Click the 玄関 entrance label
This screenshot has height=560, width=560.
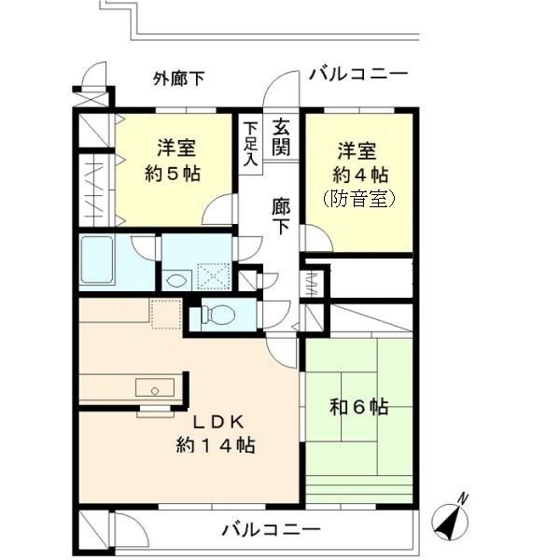281,137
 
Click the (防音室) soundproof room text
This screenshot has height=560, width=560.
359,198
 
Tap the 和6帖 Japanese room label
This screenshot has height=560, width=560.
359,407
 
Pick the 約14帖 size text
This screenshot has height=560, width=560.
216,445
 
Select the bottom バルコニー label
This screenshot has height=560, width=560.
271,530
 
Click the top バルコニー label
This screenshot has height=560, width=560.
357,74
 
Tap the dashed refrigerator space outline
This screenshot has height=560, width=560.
164,315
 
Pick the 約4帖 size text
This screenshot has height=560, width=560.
359,174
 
